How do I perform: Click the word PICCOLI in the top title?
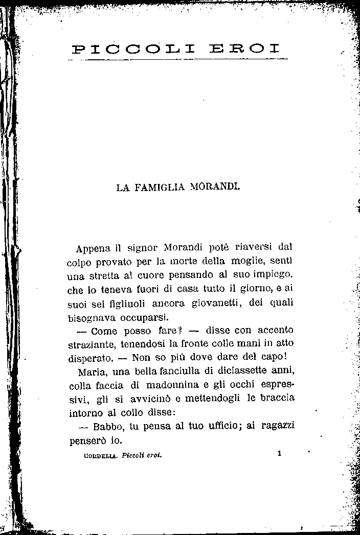pos(133,50)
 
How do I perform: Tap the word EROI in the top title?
pos(245,50)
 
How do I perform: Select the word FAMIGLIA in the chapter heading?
pos(163,188)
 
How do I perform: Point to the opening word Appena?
pos(93,249)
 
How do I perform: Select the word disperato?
pos(91,358)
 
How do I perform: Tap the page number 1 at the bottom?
pos(280,453)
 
